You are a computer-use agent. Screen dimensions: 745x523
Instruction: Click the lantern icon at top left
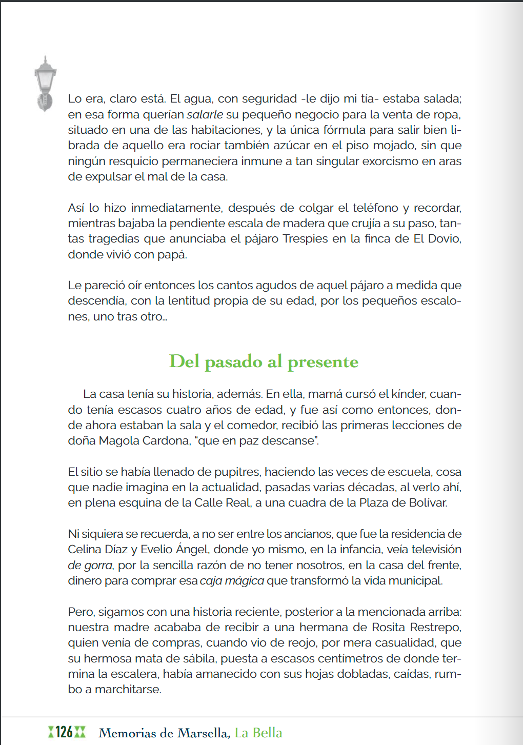(x=45, y=83)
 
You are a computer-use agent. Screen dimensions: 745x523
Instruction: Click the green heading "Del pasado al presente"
(x=264, y=362)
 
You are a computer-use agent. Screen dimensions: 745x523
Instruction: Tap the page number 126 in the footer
(x=64, y=732)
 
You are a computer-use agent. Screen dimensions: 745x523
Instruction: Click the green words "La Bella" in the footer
(x=258, y=733)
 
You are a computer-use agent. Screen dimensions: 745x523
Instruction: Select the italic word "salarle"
(x=205, y=114)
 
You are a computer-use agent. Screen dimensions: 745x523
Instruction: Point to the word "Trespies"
(x=305, y=239)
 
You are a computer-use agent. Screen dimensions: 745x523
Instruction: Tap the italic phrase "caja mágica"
(x=232, y=581)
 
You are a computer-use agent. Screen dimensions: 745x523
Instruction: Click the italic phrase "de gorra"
(x=90, y=566)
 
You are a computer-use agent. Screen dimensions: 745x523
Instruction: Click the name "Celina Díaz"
(x=97, y=550)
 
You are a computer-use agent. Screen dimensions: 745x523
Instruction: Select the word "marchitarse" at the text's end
(x=128, y=690)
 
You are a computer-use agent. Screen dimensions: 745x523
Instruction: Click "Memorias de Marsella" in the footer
(x=164, y=733)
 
